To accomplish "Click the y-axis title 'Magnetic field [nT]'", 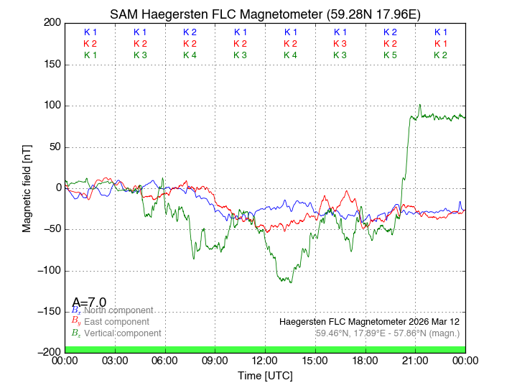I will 27,188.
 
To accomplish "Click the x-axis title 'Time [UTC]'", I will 265,376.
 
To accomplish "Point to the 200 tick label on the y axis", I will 52,23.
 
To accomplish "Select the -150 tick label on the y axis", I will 50,311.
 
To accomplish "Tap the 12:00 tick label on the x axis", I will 265,361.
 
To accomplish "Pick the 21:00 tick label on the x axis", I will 415,361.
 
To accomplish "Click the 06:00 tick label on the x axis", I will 165,361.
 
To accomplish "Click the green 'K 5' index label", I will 390,55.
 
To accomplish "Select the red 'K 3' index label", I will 340,44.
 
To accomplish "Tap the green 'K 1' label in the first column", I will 90,55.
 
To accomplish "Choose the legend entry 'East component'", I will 116,322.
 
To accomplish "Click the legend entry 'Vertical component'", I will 122,333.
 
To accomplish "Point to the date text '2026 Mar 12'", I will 434,321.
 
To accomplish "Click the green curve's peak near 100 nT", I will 420,105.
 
